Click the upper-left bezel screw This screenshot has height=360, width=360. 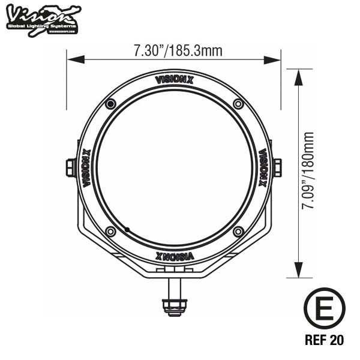(110, 105)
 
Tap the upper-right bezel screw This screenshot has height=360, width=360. (238, 105)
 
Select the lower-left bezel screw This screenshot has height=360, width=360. (110, 232)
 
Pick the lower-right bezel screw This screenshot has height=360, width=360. (238, 232)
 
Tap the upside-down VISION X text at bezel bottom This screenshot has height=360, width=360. (174, 257)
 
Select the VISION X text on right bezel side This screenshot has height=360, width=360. (262, 168)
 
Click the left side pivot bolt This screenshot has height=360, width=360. (70, 167)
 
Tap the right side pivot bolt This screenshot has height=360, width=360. (278, 167)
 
